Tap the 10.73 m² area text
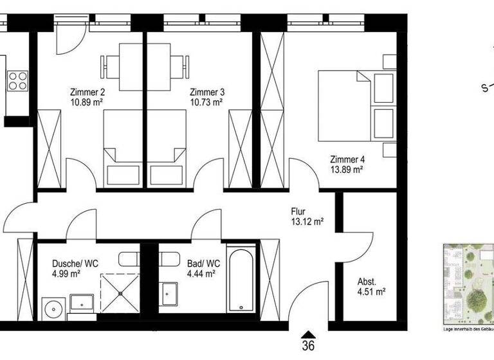(x=206, y=102)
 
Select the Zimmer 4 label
(x=347, y=159)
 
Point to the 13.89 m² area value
(x=347, y=170)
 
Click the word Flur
(x=298, y=211)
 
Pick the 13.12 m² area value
(x=307, y=222)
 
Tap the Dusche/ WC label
(x=75, y=263)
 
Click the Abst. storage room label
(x=367, y=281)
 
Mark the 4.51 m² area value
(x=371, y=291)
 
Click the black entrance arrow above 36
(x=309, y=333)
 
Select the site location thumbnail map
(x=468, y=283)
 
